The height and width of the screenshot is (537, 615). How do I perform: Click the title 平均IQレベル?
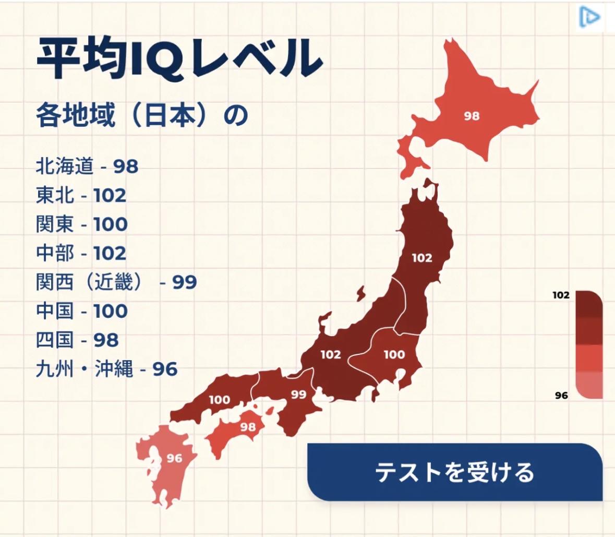click(x=178, y=58)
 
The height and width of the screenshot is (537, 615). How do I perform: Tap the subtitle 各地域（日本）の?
click(x=141, y=115)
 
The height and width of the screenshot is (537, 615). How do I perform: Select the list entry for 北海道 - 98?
click(x=87, y=166)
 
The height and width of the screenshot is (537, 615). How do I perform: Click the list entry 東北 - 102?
click(x=81, y=196)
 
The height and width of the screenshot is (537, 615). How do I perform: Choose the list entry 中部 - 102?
click(x=81, y=253)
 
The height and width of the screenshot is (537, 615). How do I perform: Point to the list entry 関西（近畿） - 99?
click(x=116, y=282)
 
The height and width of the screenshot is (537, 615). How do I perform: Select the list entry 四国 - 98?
click(x=77, y=340)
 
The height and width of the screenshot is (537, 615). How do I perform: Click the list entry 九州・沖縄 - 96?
click(x=106, y=369)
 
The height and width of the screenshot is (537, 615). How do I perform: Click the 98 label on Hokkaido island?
click(x=472, y=116)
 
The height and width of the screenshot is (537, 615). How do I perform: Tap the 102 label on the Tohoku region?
click(x=421, y=257)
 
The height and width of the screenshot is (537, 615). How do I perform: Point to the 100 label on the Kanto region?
click(x=394, y=355)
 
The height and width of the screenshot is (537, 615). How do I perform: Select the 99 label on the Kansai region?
click(x=298, y=394)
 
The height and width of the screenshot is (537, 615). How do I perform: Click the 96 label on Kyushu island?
click(x=174, y=458)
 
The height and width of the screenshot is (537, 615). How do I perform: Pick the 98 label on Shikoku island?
click(x=248, y=427)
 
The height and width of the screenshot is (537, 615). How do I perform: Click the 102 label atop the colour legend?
click(x=561, y=295)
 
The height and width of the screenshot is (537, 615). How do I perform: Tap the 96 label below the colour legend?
click(x=561, y=396)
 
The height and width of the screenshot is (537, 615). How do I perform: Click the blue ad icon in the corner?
click(x=589, y=17)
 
